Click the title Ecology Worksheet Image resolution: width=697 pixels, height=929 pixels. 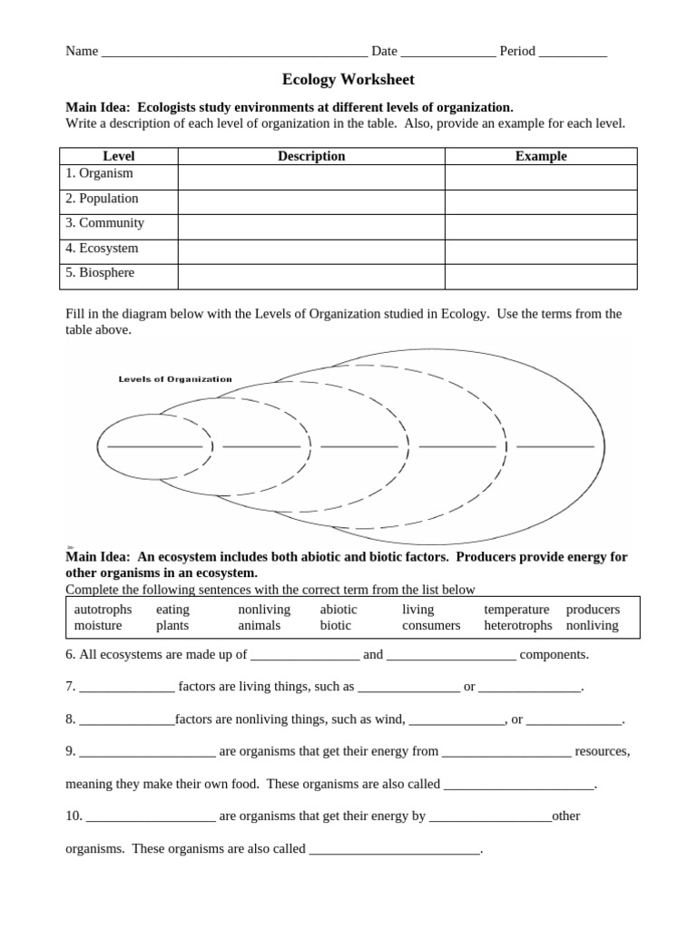click(348, 80)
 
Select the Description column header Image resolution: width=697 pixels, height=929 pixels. click(311, 156)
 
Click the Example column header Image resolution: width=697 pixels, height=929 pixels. click(541, 156)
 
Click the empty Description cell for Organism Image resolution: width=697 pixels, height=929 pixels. click(311, 176)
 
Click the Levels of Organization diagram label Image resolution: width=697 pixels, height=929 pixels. click(175, 379)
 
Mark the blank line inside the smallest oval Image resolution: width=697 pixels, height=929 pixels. click(154, 446)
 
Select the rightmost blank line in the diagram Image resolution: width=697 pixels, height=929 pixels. click(555, 446)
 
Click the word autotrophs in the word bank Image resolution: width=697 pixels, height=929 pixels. click(103, 610)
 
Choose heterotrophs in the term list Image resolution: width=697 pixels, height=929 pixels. click(517, 625)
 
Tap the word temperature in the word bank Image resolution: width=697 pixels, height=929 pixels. click(516, 610)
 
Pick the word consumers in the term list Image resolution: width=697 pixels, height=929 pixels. click(431, 625)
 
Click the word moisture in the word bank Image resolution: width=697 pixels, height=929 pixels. click(98, 625)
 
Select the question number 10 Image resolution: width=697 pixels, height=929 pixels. click(74, 817)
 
